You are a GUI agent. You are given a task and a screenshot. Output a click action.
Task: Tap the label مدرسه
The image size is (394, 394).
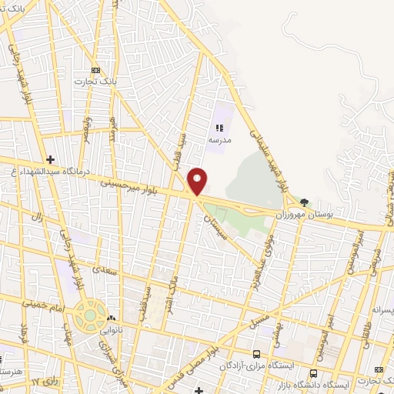pyautogui.click(x=219, y=142)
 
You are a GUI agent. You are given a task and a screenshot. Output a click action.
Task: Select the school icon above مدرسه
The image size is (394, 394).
pyautogui.click(x=219, y=129)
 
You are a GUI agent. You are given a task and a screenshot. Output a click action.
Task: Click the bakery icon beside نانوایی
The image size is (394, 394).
pyautogui.click(x=112, y=318)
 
